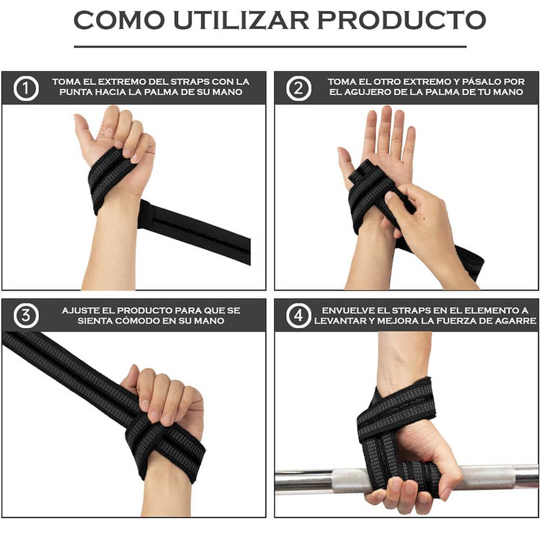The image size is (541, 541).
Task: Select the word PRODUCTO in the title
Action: point(401,20)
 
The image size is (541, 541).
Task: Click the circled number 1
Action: point(26,88)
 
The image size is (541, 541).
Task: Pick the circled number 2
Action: point(298,88)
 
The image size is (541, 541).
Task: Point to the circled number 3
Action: point(26,316)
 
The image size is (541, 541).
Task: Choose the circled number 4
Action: point(298,316)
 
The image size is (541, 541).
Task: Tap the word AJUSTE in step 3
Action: point(80,311)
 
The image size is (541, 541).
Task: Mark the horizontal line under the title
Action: point(270,47)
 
